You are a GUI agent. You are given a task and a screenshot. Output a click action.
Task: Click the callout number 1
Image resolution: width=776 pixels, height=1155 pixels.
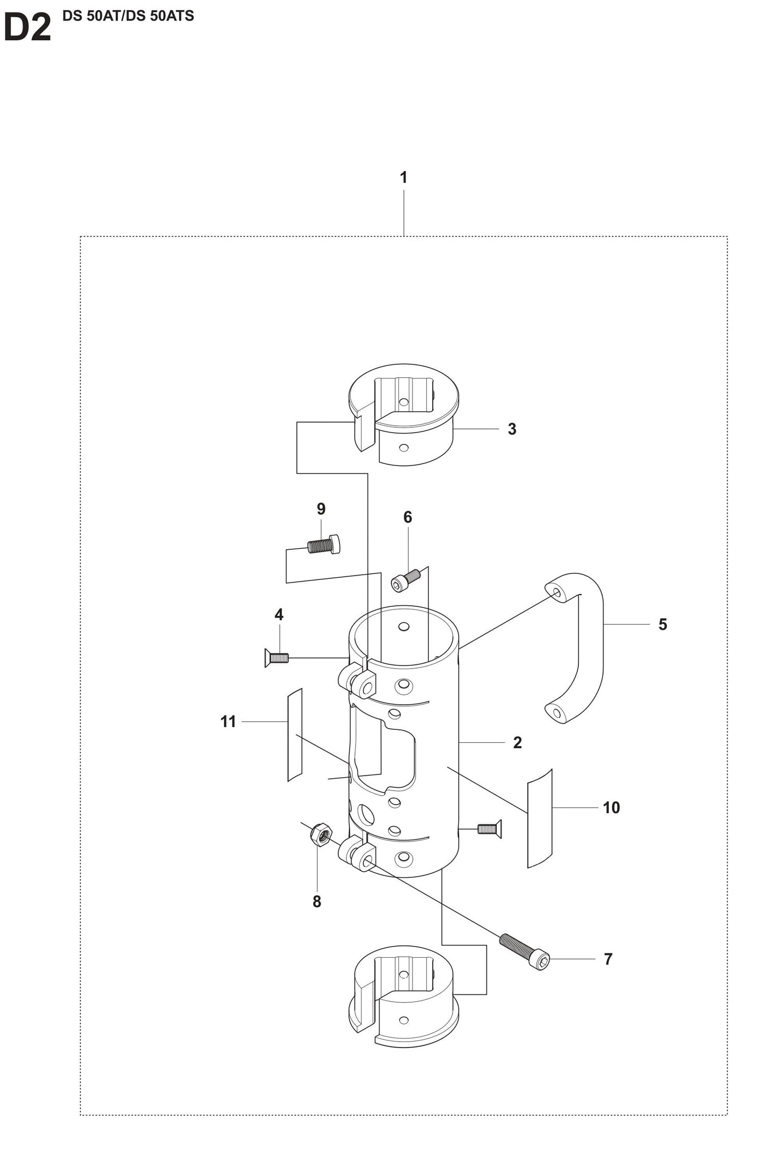point(403,177)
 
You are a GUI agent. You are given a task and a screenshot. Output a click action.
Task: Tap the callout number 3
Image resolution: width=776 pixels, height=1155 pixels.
point(512,429)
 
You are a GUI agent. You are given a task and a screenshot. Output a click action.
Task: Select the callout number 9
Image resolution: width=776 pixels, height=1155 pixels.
point(321,508)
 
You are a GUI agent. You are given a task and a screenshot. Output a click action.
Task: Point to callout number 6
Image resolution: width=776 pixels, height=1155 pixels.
point(408,517)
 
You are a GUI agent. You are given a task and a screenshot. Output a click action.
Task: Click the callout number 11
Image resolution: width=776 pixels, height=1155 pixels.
point(228,722)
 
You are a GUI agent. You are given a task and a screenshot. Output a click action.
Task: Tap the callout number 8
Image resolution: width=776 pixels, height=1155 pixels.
point(317,901)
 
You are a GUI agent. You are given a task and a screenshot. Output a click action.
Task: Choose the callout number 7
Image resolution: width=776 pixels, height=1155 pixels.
point(608,959)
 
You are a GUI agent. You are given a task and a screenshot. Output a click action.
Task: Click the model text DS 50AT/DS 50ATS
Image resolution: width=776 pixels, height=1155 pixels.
point(128,16)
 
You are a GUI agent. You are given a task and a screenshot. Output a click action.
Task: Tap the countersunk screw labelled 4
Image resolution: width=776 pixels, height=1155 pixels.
point(276,657)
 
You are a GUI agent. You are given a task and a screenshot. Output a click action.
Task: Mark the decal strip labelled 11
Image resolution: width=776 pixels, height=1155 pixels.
point(295,735)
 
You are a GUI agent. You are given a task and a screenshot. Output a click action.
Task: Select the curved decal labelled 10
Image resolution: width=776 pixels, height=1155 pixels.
point(540,819)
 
